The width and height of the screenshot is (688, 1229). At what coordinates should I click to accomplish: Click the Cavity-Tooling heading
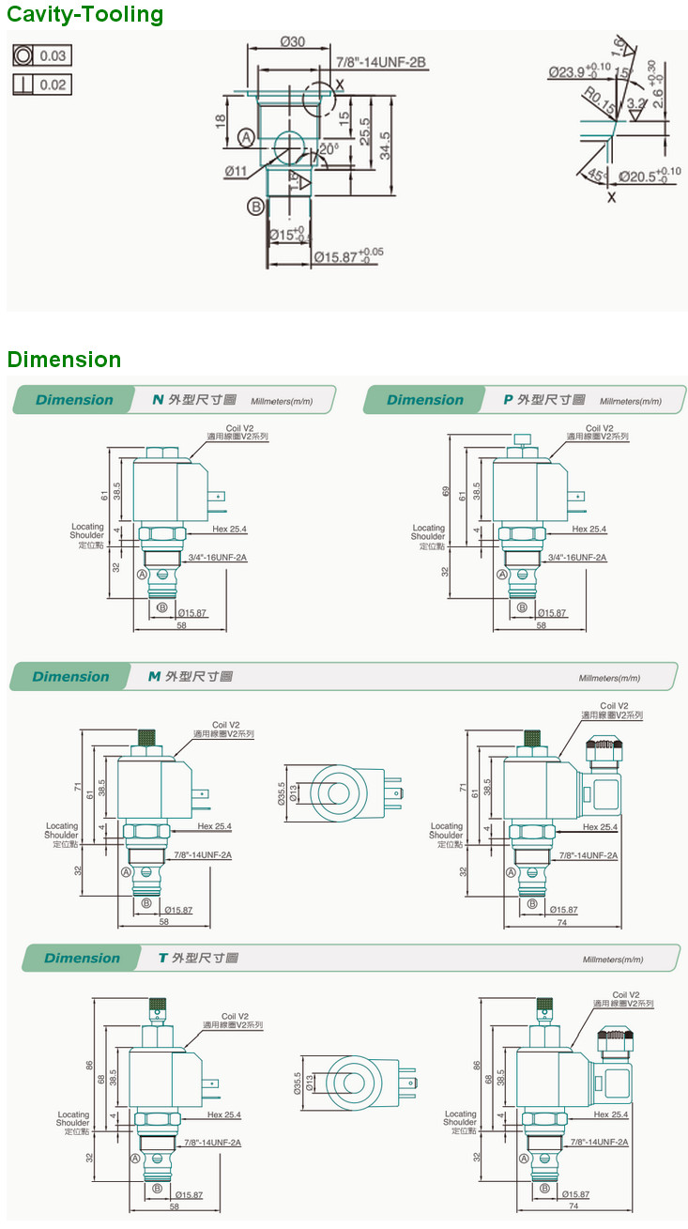click(85, 15)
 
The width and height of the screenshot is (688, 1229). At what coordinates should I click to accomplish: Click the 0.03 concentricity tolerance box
click(42, 55)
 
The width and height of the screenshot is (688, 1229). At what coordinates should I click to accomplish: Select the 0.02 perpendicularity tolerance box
click(42, 84)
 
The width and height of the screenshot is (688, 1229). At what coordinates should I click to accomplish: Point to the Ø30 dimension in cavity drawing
click(293, 41)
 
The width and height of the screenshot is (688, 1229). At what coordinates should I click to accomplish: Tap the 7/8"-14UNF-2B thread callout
click(381, 62)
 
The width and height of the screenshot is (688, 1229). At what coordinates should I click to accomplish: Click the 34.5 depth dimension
click(386, 146)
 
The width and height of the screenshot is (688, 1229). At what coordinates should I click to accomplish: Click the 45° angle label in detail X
click(594, 176)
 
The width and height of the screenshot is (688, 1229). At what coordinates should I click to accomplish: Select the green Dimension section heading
click(64, 360)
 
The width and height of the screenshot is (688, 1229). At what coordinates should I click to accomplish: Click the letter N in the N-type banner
click(158, 400)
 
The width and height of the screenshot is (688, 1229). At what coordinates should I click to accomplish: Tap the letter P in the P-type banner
click(508, 400)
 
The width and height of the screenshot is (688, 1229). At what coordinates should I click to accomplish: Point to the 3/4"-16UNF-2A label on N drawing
click(217, 558)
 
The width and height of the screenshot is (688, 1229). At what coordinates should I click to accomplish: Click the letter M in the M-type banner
click(154, 677)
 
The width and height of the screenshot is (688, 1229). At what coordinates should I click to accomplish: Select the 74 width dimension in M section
click(560, 923)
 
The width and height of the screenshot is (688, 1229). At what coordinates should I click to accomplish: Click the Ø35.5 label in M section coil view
click(281, 794)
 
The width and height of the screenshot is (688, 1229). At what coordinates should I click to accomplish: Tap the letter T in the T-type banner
click(162, 959)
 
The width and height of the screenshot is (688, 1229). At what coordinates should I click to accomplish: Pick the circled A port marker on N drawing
click(142, 574)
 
